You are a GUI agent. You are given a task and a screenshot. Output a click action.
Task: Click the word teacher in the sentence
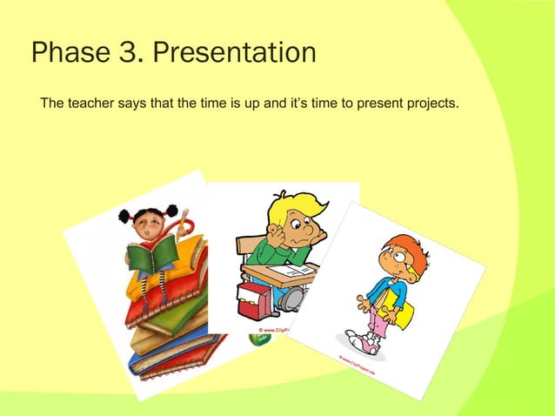coord(93,105)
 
